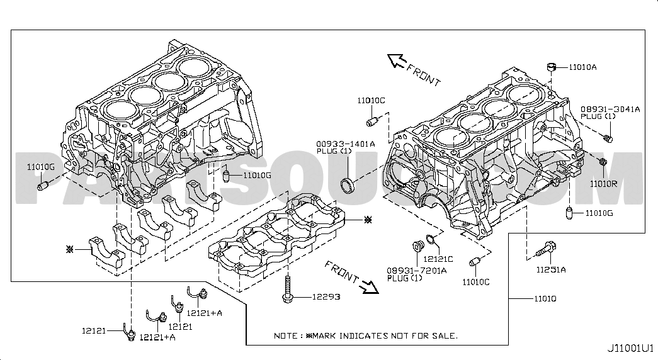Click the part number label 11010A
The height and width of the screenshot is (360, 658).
click(x=582, y=67)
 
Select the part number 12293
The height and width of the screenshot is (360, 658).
click(x=327, y=296)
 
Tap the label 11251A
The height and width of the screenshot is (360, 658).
click(x=551, y=270)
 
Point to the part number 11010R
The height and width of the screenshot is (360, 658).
click(x=603, y=184)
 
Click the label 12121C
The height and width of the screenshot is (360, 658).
click(x=438, y=259)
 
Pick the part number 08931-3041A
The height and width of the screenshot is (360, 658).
click(x=610, y=109)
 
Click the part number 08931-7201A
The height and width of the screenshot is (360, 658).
click(x=417, y=271)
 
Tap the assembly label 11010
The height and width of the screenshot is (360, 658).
click(x=545, y=299)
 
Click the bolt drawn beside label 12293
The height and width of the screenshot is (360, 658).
click(x=288, y=289)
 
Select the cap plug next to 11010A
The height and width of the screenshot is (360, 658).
click(x=552, y=67)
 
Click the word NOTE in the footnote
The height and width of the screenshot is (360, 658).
click(x=284, y=335)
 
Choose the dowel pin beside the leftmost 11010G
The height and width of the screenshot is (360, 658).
click(x=43, y=184)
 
